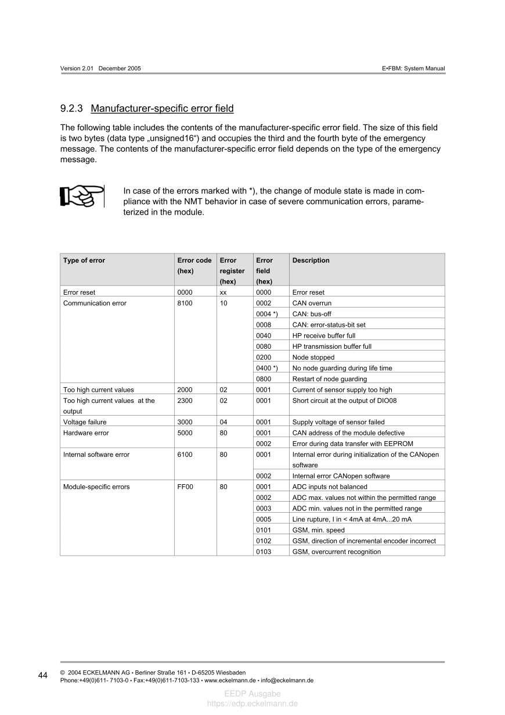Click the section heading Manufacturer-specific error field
click(x=162, y=108)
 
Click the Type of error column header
click(x=84, y=260)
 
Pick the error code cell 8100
click(x=185, y=303)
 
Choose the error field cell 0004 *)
click(x=267, y=314)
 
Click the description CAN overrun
click(x=312, y=303)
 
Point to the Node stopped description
click(x=313, y=357)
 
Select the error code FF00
click(x=185, y=487)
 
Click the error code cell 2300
click(x=185, y=401)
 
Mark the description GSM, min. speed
click(x=318, y=530)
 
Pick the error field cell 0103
click(x=264, y=552)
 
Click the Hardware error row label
click(x=86, y=433)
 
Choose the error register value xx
click(x=223, y=292)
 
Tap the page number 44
click(x=43, y=675)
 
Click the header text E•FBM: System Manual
click(x=413, y=69)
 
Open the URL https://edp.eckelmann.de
click(x=252, y=703)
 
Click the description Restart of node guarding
click(x=330, y=379)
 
